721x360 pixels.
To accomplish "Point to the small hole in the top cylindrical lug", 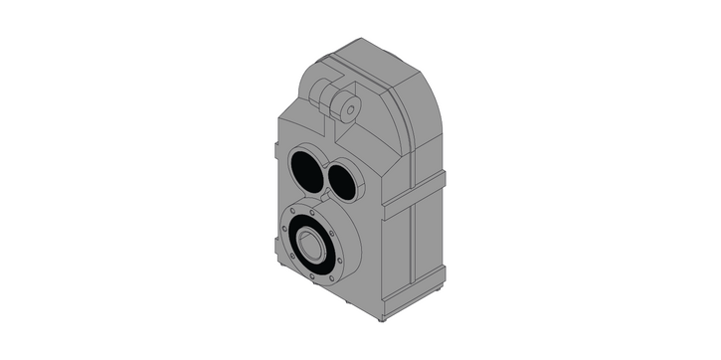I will click(x=349, y=109).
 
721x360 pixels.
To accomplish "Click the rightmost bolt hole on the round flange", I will click(x=342, y=263).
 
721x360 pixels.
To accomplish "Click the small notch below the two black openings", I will click(x=322, y=199).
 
